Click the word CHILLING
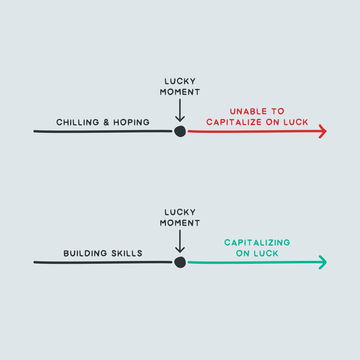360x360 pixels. click(77, 122)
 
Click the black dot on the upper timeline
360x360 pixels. click(180, 131)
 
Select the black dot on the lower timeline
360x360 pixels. click(180, 262)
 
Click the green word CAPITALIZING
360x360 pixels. click(257, 242)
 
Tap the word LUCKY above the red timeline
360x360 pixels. click(180, 81)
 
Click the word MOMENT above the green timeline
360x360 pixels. click(180, 223)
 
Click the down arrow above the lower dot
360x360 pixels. click(180, 241)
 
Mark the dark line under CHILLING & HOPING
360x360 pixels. click(102, 131)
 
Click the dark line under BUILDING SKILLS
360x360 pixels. click(102, 262)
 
